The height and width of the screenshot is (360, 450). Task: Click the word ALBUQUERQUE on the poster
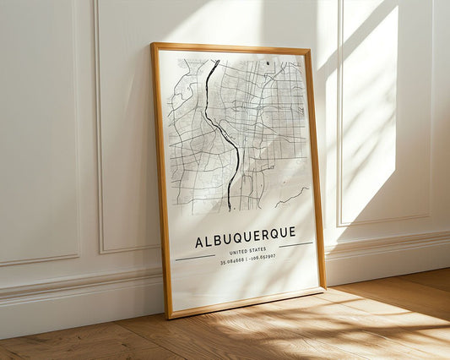(245, 232)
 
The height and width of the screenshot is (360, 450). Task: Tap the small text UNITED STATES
(247, 249)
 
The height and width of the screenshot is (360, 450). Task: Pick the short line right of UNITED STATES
(295, 245)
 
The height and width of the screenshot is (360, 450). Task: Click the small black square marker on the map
(268, 63)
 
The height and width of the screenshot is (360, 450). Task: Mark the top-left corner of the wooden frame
(153, 45)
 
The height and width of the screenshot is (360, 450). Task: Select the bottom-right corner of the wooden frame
(324, 288)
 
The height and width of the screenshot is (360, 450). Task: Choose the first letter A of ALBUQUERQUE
(199, 242)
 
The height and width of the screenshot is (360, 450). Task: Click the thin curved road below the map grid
(291, 199)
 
